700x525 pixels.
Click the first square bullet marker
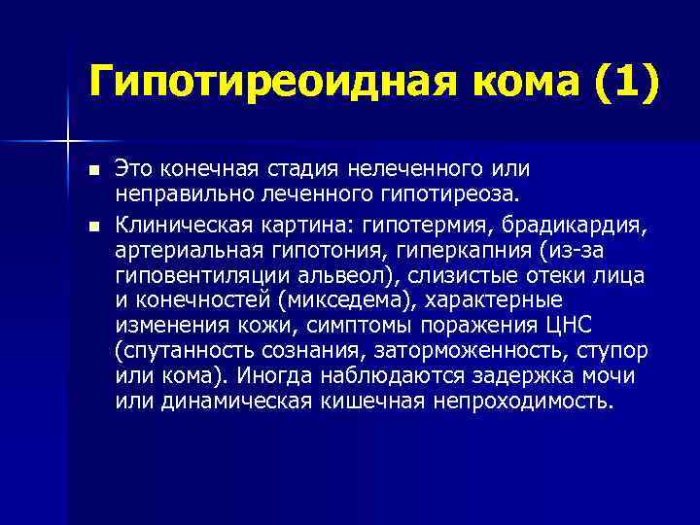93,172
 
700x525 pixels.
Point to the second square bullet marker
93,227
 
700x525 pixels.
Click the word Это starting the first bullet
136,171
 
